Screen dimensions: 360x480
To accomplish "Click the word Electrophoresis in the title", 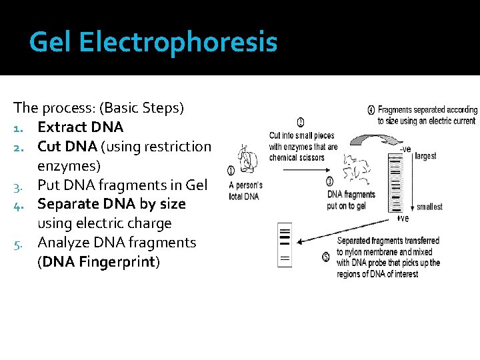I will (x=178, y=43).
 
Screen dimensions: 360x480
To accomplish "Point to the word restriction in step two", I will (x=177, y=146).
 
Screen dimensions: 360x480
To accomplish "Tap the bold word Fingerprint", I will (x=117, y=262).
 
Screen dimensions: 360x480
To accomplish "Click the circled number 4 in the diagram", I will (x=371, y=109).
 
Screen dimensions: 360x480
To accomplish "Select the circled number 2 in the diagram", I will (x=301, y=122).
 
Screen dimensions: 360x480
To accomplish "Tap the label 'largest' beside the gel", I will (x=425, y=156).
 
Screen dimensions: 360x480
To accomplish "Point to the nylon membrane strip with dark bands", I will (x=285, y=245).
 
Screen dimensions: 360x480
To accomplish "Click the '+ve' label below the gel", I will (x=402, y=218).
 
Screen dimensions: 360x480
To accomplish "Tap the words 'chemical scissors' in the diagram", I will (x=297, y=157).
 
